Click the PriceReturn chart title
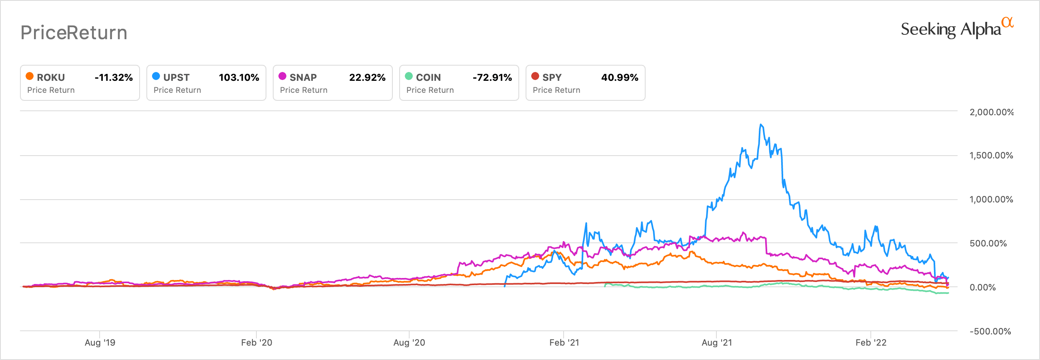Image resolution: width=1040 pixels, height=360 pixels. pos(74,33)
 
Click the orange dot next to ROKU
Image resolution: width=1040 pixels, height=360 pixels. pos(30,76)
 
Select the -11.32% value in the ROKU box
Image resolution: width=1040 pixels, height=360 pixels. pos(114,77)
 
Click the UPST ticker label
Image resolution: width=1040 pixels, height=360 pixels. pos(176,77)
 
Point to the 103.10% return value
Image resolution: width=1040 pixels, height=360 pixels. pos(239,77)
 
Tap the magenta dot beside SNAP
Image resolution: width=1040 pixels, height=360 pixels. pos(282,76)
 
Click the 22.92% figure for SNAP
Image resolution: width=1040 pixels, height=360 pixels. pos(367,77)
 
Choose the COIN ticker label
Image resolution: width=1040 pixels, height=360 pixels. pos(428,77)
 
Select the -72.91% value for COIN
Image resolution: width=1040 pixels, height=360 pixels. pos(492,77)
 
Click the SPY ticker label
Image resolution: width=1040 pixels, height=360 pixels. pos(552,77)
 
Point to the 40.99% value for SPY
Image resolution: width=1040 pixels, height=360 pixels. pos(619,77)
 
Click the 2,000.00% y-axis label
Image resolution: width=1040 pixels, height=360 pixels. pos(991,112)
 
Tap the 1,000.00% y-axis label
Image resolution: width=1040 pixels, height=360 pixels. pos(991,199)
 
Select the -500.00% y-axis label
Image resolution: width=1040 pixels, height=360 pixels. pos(990,331)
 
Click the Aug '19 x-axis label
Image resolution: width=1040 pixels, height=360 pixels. pos(100,343)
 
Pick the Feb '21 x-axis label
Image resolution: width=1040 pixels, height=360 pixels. pos(564,343)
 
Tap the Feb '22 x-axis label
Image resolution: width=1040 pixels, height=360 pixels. pos(870,343)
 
